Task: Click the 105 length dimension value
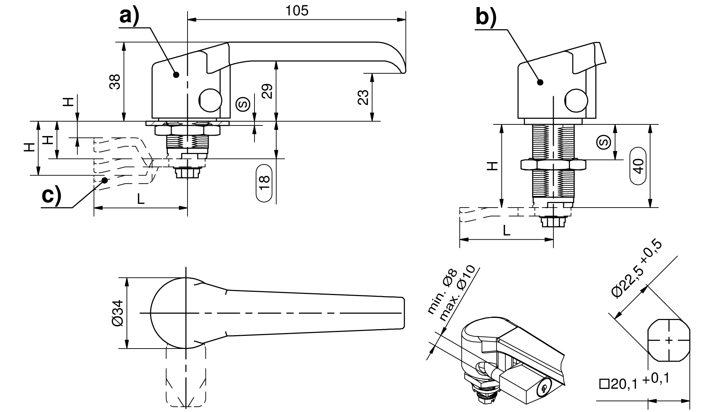pyautogui.click(x=297, y=11)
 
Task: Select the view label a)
pyautogui.click(x=129, y=16)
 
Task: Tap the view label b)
pyautogui.click(x=486, y=17)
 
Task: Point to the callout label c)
pyautogui.click(x=51, y=196)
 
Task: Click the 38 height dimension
pyautogui.click(x=115, y=82)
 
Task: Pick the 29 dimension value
pyautogui.click(x=267, y=92)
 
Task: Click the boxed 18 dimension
pyautogui.click(x=265, y=183)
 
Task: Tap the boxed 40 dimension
pyautogui.click(x=638, y=166)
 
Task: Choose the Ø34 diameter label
pyautogui.click(x=117, y=313)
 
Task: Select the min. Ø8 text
pyautogui.click(x=442, y=291)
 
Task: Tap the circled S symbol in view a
pyautogui.click(x=243, y=103)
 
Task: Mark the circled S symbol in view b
pyautogui.click(x=603, y=142)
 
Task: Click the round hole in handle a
pyautogui.click(x=210, y=100)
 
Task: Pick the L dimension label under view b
pyautogui.click(x=507, y=230)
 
